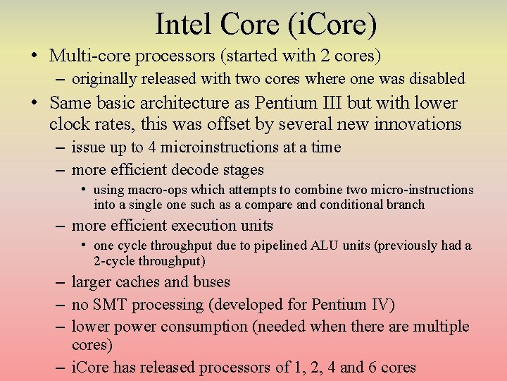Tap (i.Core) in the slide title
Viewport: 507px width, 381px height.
coord(332,25)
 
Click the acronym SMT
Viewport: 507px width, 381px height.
coord(111,305)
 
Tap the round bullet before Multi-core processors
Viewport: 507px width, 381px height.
coord(34,55)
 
